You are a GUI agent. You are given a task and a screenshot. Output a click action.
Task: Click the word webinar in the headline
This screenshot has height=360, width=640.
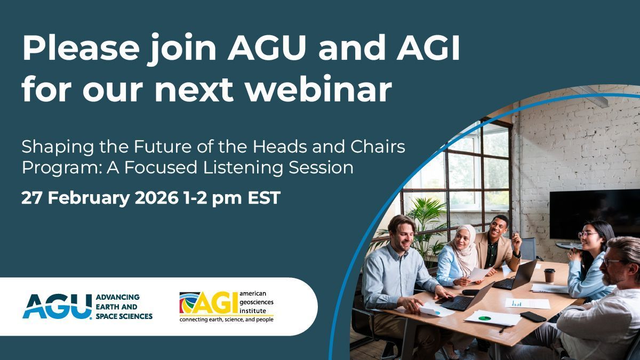319,89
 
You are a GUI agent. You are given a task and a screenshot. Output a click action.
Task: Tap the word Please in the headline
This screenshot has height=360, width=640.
81,47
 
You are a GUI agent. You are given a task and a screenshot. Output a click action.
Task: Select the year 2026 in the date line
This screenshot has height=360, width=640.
156,198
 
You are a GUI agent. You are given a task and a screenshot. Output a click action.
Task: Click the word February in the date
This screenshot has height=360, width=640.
89,198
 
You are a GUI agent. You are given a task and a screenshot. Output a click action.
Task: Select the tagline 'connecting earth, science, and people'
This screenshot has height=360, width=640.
226,319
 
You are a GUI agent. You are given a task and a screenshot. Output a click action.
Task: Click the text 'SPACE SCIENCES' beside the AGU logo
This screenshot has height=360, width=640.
124,316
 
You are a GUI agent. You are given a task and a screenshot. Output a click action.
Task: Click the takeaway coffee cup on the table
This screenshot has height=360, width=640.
549,275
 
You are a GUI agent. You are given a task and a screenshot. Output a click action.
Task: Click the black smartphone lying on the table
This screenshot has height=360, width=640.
533,317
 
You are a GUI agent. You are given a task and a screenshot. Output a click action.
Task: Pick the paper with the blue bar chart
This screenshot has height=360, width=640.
527,303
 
